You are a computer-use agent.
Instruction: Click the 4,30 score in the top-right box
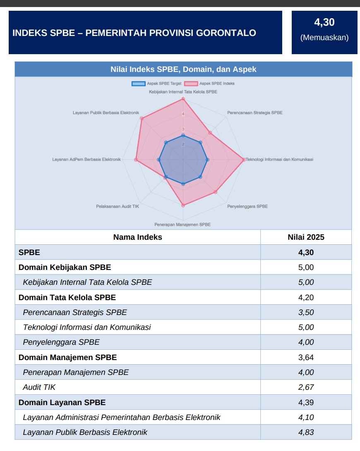pos(324,22)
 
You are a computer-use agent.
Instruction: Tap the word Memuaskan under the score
pos(324,38)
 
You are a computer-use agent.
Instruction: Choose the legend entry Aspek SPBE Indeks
pos(209,84)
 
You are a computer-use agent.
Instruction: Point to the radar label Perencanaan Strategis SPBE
pos(255,113)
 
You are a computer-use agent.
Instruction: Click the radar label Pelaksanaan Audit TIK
pos(118,206)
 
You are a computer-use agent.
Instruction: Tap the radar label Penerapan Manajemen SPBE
pos(182,224)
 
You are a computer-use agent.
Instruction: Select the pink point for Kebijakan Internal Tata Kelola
pos(183,99)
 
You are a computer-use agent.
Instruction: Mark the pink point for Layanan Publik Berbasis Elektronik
pos(142,119)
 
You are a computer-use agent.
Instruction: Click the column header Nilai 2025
pos(306,237)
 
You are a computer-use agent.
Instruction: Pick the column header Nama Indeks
pos(137,237)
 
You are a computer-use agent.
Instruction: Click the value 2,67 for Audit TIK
pos(306,387)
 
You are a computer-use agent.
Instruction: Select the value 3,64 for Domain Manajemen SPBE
pos(306,357)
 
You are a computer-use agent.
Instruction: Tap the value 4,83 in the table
pos(306,432)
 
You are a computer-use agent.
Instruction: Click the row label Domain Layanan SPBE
pos(62,402)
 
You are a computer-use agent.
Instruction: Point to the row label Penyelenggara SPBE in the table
pos(61,342)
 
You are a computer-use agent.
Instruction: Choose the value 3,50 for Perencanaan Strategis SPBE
pos(306,312)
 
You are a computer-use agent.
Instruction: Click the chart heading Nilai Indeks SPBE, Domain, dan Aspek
pos(183,69)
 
